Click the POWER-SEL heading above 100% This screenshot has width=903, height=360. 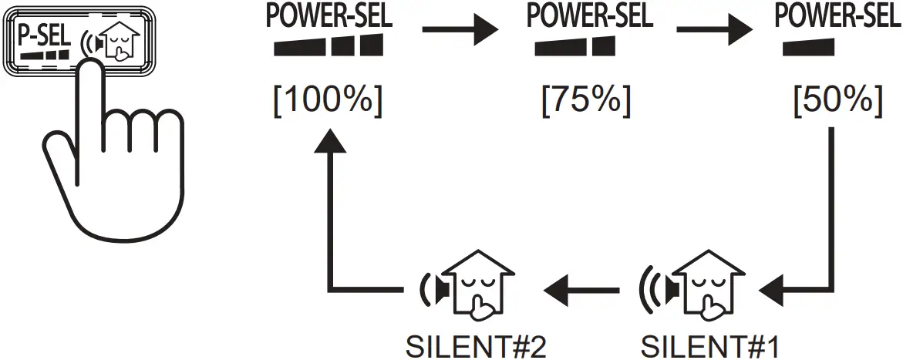(327, 15)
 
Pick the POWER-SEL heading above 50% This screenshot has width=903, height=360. (837, 15)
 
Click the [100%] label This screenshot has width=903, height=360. (327, 101)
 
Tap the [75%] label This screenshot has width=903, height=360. (586, 101)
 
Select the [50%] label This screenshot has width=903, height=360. (837, 101)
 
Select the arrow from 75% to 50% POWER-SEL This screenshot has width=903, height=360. (713, 31)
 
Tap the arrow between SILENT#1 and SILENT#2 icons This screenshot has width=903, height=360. (581, 291)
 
